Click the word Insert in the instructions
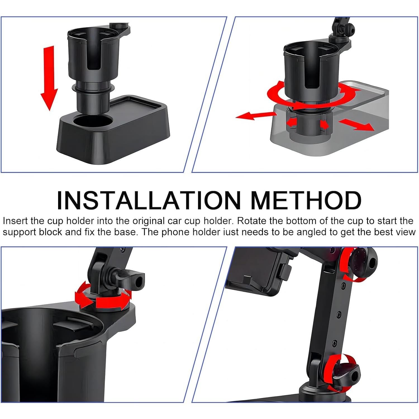(x=15, y=221)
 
